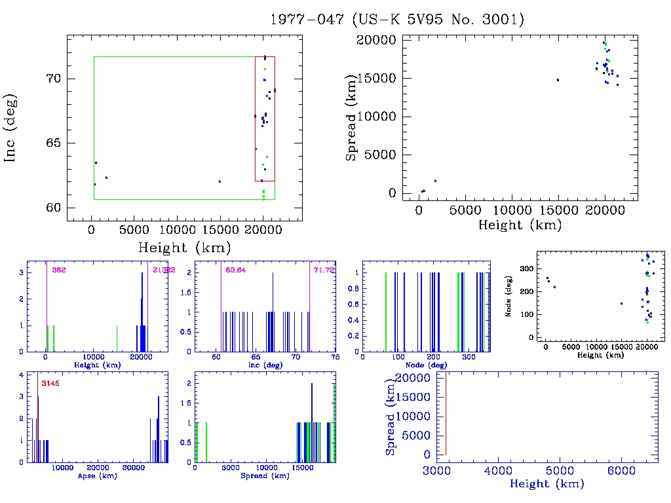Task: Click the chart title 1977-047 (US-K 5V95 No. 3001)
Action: point(397,20)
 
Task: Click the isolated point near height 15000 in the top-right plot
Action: point(558,80)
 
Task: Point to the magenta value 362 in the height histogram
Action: point(59,270)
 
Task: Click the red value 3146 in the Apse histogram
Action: point(50,383)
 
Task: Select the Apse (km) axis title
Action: point(97,476)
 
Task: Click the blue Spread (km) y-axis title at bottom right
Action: point(391,416)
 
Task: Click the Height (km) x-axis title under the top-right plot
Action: point(520,225)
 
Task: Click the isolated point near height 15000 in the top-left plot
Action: point(220,181)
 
